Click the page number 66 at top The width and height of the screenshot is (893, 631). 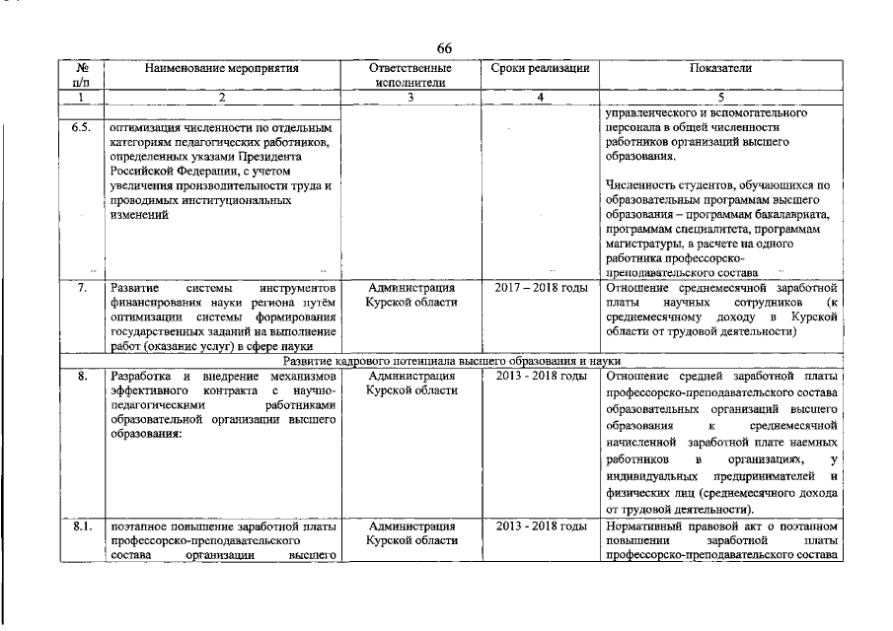coord(444,49)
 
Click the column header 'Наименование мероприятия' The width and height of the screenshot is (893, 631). coord(221,69)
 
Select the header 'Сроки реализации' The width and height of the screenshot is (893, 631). coord(540,69)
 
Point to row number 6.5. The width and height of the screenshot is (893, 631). coord(82,128)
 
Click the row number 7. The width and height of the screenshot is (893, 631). coord(83,287)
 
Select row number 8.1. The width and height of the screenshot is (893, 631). coord(82,526)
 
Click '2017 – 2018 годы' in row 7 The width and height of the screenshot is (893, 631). coord(540,287)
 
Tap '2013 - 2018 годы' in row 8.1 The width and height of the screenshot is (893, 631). coord(540,526)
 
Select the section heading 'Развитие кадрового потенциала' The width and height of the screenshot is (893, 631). coord(444,362)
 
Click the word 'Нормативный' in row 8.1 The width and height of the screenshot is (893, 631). coord(645,526)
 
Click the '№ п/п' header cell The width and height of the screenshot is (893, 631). coord(83,76)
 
